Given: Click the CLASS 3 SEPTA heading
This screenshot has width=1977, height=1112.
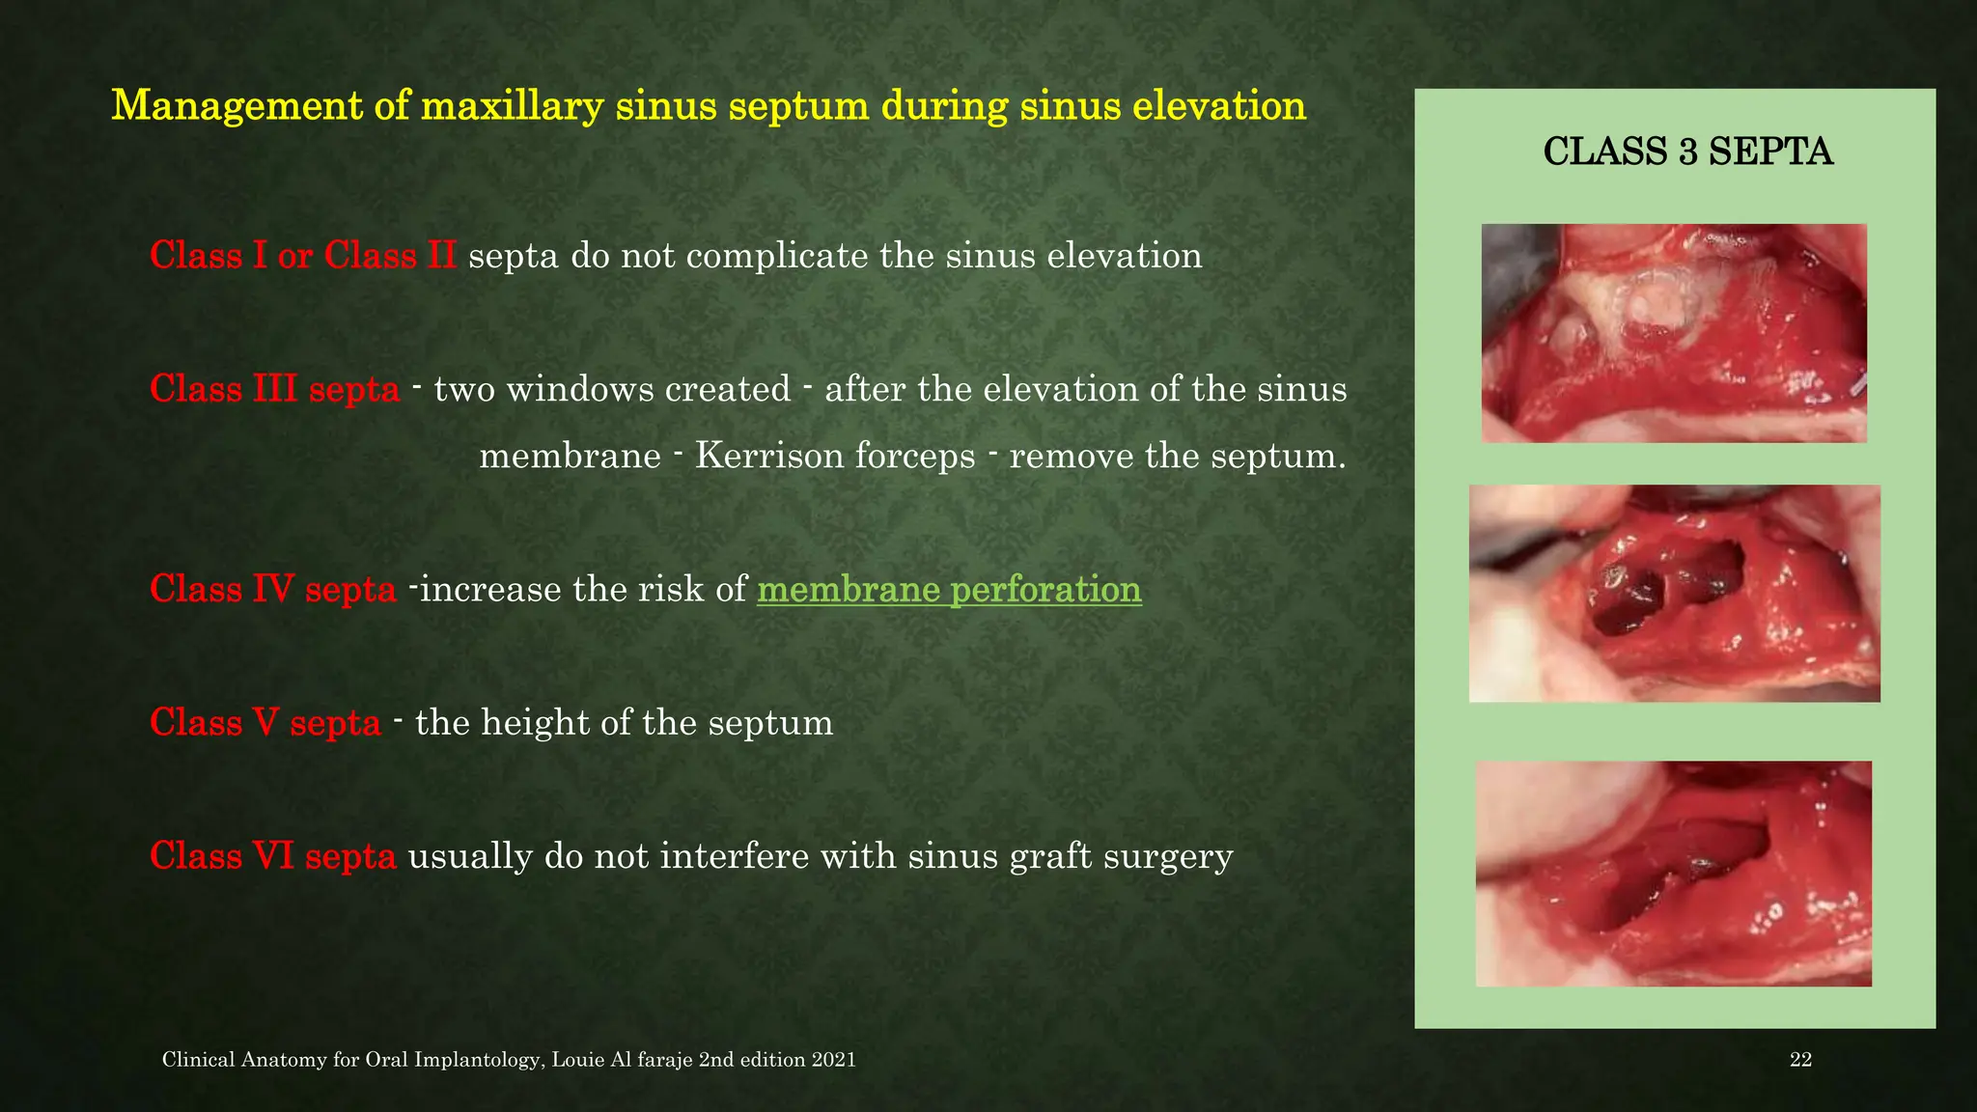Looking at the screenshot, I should tap(1687, 153).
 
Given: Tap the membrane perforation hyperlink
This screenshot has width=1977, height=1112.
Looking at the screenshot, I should tap(949, 590).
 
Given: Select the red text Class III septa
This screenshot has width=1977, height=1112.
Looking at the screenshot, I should tap(274, 390).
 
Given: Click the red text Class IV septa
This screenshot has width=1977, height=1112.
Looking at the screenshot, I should tap(272, 590).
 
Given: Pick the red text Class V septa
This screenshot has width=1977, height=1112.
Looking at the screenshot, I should tap(265, 723).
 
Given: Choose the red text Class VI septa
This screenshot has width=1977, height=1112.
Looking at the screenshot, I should tap(272, 856).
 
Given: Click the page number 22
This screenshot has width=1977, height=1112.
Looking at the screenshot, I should tap(1800, 1060).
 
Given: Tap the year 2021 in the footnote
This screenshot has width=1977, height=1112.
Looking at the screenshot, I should tap(833, 1060).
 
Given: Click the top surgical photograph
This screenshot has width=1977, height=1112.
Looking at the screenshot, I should tap(1674, 333).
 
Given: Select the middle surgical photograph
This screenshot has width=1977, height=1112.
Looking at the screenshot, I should tap(1674, 593).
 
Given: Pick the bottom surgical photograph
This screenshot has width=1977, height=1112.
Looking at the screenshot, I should tap(1674, 874).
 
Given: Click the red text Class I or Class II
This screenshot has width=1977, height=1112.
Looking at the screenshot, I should tap(302, 257).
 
